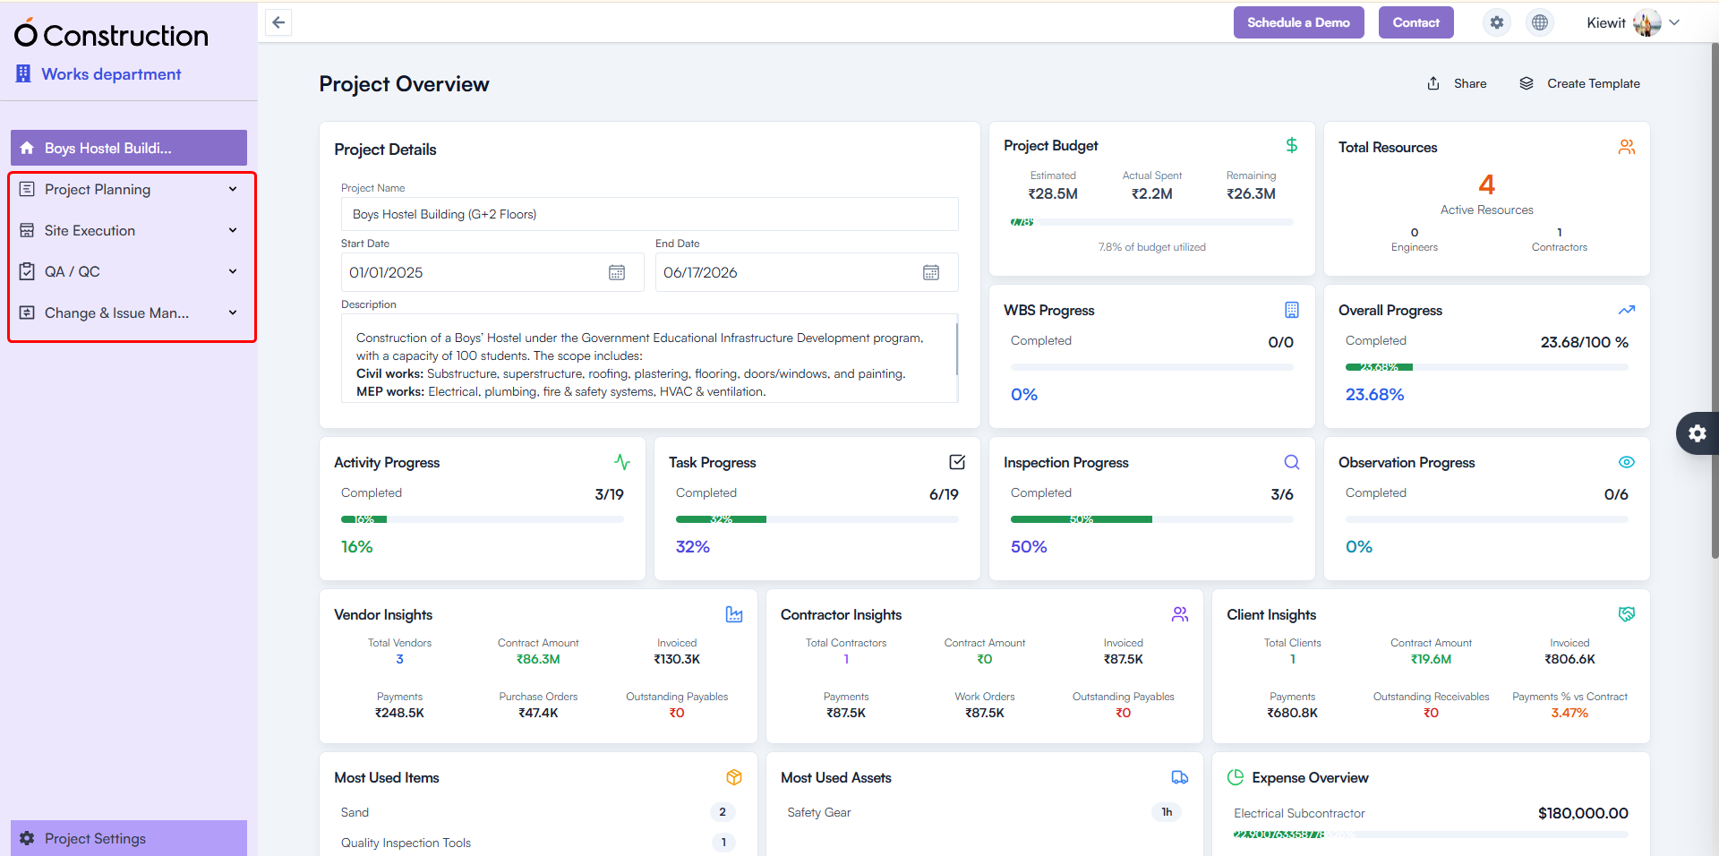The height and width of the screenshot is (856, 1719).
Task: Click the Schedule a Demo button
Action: point(1298,22)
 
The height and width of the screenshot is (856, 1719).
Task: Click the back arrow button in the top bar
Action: point(278,22)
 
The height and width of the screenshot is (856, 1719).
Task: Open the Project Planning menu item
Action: point(98,190)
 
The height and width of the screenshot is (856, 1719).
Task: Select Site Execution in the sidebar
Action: point(90,231)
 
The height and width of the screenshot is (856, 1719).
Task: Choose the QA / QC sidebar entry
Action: point(73,272)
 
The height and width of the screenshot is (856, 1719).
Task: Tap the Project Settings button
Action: point(95,838)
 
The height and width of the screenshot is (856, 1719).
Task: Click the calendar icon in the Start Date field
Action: point(617,273)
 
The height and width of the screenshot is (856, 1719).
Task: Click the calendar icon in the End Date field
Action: point(931,273)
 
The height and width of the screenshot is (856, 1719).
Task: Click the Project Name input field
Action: point(649,215)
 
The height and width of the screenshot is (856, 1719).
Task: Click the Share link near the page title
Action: point(1458,84)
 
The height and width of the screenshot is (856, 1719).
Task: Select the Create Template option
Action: point(1580,84)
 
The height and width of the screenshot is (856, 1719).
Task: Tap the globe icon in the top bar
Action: point(1540,22)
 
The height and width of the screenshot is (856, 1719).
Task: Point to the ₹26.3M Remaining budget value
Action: point(1251,194)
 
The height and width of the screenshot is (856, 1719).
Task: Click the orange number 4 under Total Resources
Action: point(1486,185)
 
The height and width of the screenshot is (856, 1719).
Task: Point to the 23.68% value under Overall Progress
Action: point(1374,395)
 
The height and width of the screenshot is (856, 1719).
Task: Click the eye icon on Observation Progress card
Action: point(1626,463)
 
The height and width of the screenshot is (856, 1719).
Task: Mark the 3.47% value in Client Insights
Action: point(1569,714)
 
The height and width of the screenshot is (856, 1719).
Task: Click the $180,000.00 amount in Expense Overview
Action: point(1583,813)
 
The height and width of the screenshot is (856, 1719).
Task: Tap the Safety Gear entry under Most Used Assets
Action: point(819,813)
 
